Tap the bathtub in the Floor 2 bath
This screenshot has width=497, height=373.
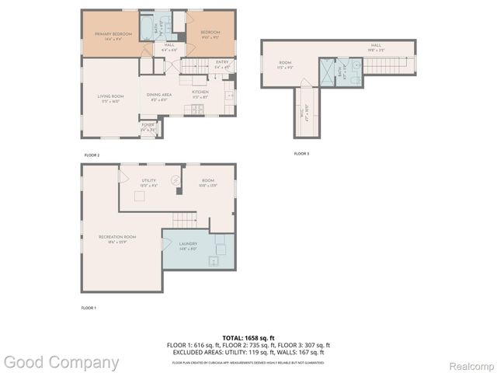pyautogui.click(x=147, y=30)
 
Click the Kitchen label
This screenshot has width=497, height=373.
pyautogui.click(x=200, y=93)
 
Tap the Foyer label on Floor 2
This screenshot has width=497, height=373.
pyautogui.click(x=148, y=125)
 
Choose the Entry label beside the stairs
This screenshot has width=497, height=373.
pyautogui.click(x=222, y=63)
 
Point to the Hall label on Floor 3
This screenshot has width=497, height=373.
pyautogui.click(x=376, y=47)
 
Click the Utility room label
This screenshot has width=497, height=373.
pyautogui.click(x=148, y=182)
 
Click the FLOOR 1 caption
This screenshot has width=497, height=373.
pyautogui.click(x=89, y=309)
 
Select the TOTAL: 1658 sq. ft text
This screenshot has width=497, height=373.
pyautogui.click(x=248, y=338)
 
